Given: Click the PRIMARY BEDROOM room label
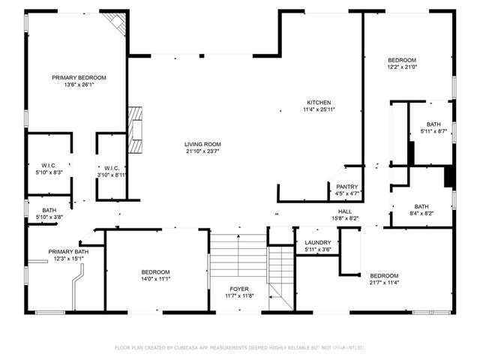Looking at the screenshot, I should point(79,77).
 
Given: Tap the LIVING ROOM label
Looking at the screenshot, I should point(202,144).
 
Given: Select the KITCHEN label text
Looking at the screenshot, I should point(319,102).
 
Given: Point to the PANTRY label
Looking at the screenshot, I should point(346,187).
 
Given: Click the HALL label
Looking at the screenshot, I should point(345,211).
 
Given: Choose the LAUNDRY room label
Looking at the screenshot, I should point(318,242).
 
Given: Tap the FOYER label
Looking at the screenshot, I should point(239,289).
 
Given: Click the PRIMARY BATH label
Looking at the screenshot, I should point(68,251).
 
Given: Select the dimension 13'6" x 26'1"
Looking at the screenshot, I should point(79,85).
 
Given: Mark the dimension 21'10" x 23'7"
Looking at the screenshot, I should point(202,151).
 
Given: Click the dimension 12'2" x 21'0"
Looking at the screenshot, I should point(401,67).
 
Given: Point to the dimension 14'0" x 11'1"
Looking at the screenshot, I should point(156,278).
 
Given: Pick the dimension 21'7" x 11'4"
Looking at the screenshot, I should point(383,282).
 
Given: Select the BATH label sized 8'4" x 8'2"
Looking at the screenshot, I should point(421,206).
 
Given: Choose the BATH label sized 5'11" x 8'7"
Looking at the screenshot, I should point(433,124).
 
